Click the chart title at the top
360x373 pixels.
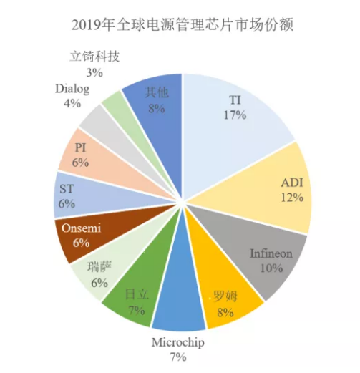183,25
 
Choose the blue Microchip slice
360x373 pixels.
180,299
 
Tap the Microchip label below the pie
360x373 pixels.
178,343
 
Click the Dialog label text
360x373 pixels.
72,89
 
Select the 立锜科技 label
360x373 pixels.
94,57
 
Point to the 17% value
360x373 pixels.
235,115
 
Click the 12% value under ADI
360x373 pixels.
292,198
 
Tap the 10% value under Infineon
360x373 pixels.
271,268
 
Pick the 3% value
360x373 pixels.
94,72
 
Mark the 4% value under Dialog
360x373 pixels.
72,103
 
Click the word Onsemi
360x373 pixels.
82,228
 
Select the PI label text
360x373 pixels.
80,147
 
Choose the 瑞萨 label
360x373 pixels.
99,267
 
